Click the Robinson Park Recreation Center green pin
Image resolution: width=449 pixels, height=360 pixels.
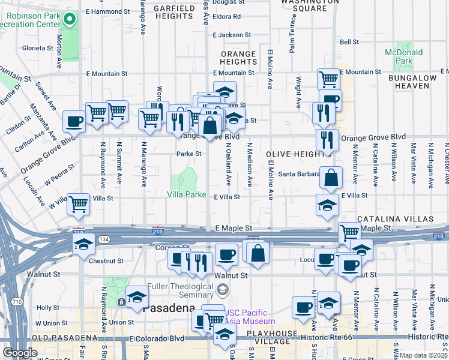tap(70, 20)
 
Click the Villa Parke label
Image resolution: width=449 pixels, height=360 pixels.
tap(186, 196)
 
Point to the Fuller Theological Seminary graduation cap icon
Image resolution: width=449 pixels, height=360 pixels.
tap(223, 291)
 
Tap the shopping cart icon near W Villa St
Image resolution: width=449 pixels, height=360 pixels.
tap(79, 205)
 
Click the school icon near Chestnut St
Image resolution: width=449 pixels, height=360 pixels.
tap(83, 244)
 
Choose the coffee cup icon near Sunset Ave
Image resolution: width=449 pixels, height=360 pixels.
tap(74, 121)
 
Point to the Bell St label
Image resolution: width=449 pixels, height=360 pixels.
tap(349, 42)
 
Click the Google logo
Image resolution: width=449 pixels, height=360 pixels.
tap(20, 352)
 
